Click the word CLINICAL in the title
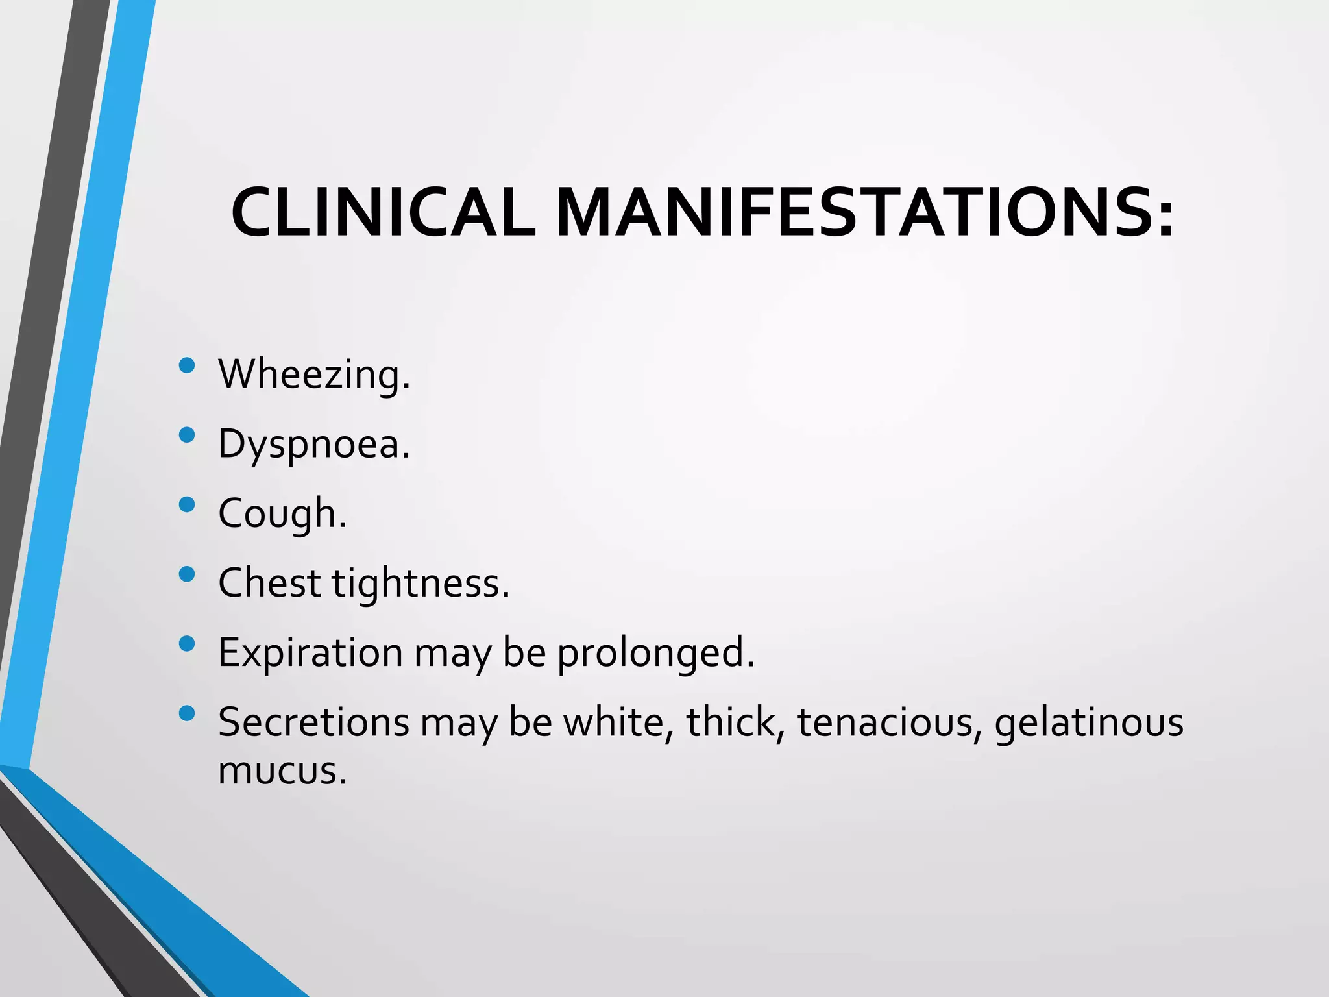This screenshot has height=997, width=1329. click(383, 213)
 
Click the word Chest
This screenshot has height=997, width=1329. click(269, 582)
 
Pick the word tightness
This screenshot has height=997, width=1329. click(421, 582)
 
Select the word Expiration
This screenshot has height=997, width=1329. click(310, 652)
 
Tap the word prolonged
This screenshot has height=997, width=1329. click(656, 652)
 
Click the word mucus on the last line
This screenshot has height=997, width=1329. click(282, 770)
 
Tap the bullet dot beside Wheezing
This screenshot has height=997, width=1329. click(187, 365)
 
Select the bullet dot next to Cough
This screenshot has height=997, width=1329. click(187, 504)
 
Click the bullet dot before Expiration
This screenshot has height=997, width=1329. click(187, 643)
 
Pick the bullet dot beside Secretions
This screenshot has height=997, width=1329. click(187, 713)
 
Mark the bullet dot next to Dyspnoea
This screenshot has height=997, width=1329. click(187, 435)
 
